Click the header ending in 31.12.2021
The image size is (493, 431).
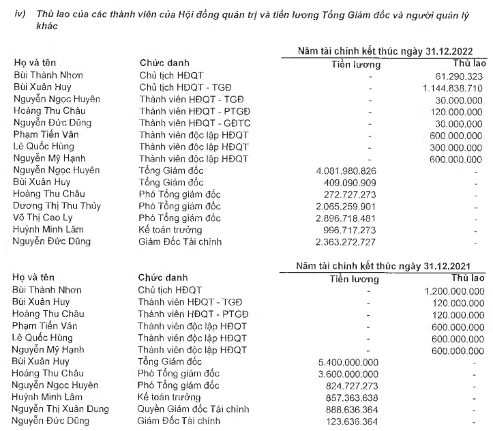pos(391,265)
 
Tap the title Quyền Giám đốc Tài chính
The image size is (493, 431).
pos(193,409)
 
